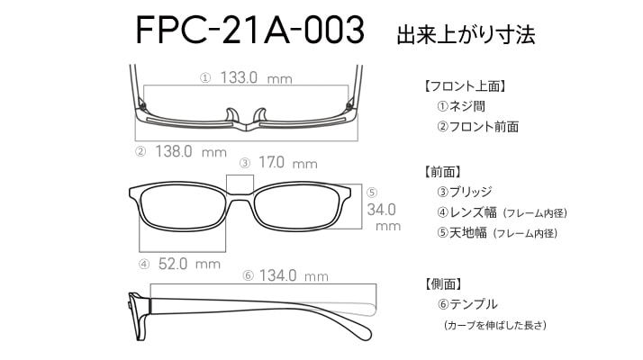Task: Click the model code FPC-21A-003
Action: coord(249,30)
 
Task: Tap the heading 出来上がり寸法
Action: coord(466,34)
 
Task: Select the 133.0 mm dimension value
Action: coord(257,77)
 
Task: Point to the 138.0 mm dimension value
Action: coord(191,152)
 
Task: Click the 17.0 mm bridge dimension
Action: coord(288,163)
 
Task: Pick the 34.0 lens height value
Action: coord(381,210)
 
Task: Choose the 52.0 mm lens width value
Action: coord(189,264)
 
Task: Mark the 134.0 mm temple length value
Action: coord(294,275)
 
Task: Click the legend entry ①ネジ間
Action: coord(461,106)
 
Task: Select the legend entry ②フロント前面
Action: coord(477,126)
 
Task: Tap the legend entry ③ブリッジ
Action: coord(464,192)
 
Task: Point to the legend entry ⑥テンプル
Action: coord(467,304)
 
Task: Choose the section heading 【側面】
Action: coord(442,283)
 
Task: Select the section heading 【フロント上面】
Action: coord(464,86)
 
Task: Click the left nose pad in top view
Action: coord(231,115)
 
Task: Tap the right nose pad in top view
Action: coord(260,115)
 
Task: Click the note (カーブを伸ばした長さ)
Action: coord(495,325)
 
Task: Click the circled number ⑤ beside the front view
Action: coord(372,193)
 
